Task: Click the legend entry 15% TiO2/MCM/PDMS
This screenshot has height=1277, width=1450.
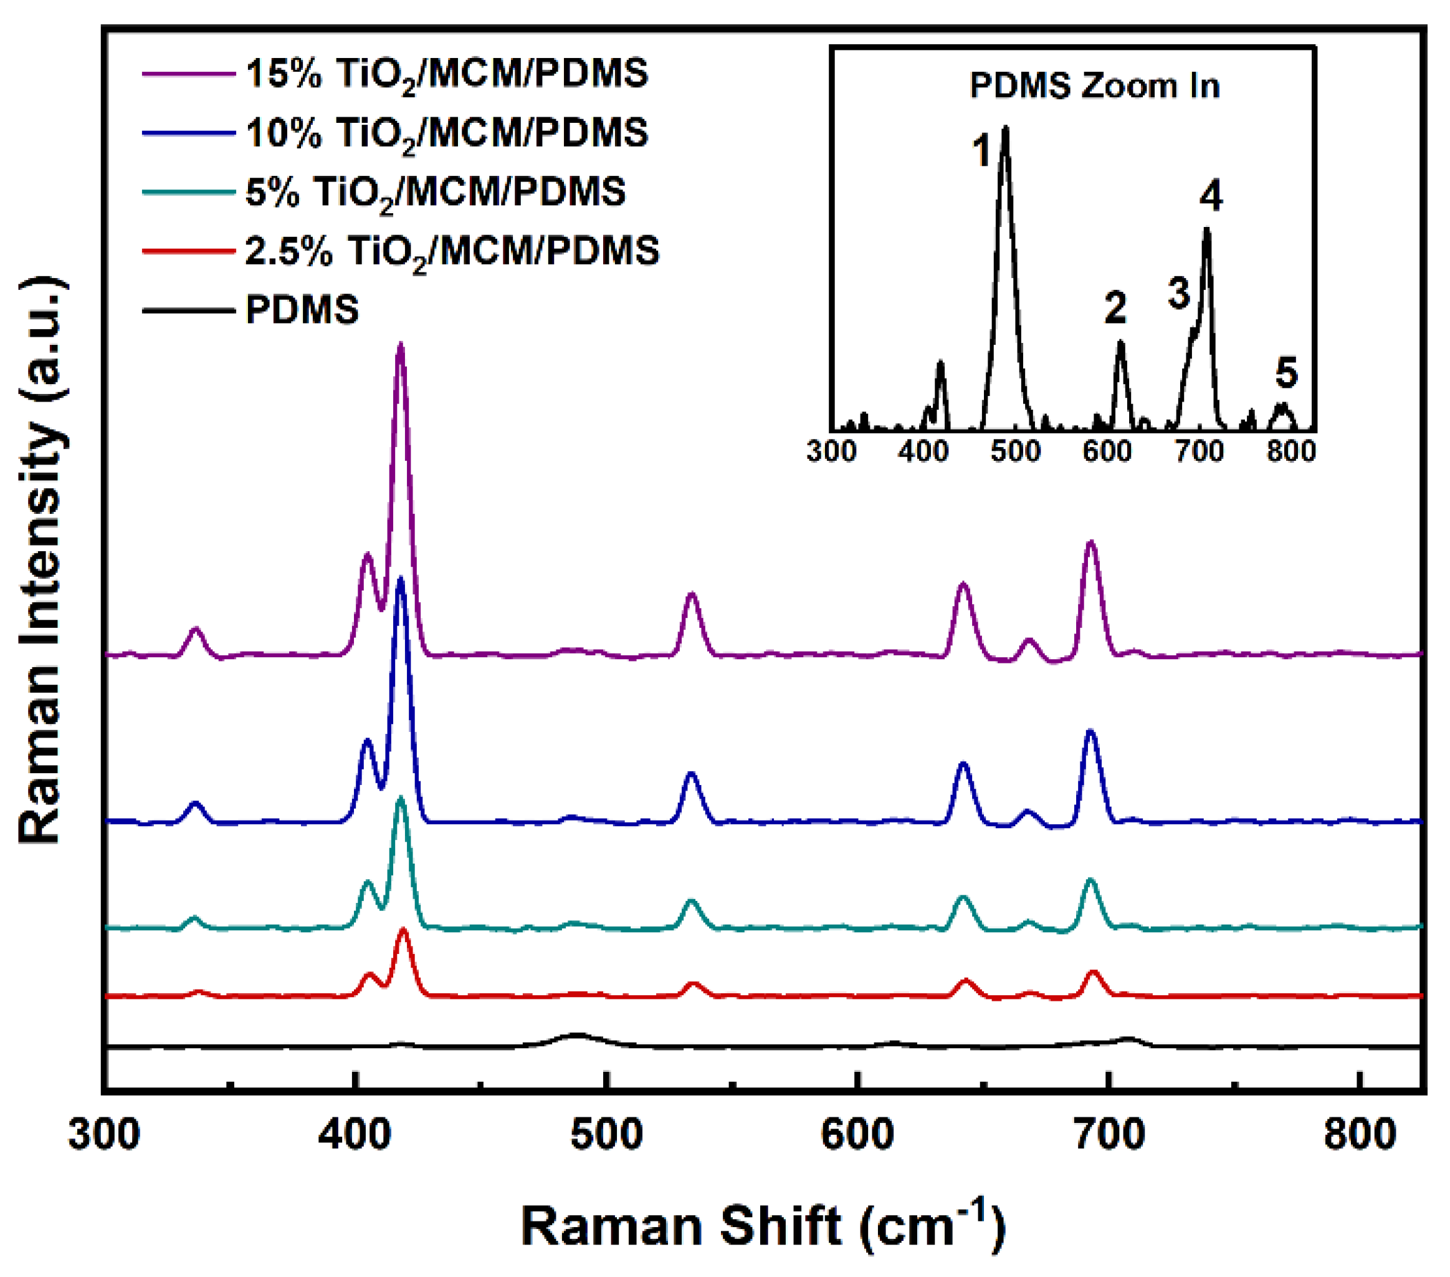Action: click(x=447, y=74)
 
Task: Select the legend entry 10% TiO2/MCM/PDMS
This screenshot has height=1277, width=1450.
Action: click(x=447, y=133)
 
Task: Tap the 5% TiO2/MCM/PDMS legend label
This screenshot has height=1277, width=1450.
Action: click(x=435, y=191)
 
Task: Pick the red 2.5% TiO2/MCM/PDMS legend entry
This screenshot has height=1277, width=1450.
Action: click(x=452, y=251)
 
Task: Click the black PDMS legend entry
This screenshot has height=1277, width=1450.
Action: click(x=302, y=310)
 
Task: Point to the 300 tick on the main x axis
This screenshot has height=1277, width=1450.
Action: click(x=104, y=1134)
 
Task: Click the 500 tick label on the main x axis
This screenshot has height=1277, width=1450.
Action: click(x=606, y=1134)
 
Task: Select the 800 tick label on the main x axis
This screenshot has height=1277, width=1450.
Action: click(x=1360, y=1134)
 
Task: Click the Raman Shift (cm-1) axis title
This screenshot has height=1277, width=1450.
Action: click(x=763, y=1226)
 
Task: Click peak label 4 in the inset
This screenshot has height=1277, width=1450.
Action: click(x=1211, y=195)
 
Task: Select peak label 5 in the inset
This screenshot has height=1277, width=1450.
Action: click(x=1286, y=373)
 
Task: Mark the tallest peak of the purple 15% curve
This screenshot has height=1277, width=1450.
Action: click(x=400, y=345)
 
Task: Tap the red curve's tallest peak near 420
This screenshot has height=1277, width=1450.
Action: click(x=404, y=930)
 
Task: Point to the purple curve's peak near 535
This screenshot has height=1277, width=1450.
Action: click(x=692, y=594)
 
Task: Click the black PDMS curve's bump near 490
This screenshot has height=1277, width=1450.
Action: click(x=578, y=1035)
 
